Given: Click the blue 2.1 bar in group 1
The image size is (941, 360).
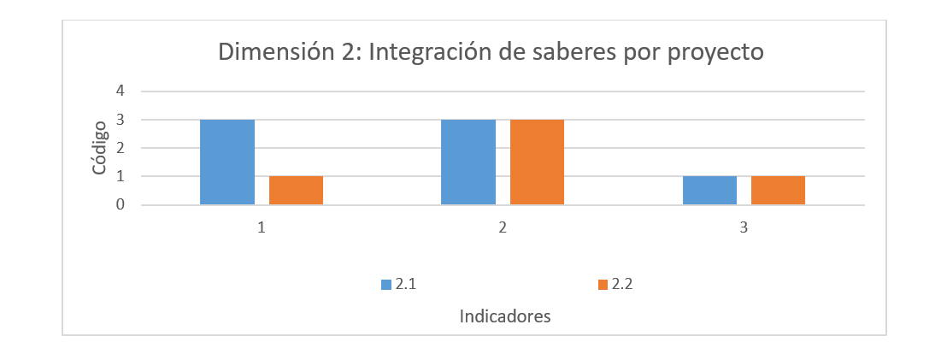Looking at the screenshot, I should [227, 162].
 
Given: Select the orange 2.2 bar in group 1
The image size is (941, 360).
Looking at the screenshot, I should [296, 191].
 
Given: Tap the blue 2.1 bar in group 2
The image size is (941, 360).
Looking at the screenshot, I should [468, 162].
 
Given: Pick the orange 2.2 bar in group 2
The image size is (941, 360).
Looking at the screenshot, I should [537, 162].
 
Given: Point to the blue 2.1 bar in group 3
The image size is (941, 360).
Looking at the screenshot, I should [709, 191].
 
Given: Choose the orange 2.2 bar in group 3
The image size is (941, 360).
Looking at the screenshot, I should [778, 191].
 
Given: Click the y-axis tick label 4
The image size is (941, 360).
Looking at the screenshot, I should [121, 91].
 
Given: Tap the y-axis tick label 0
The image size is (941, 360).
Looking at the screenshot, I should [121, 205].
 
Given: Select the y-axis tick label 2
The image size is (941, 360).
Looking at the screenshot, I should [121, 148].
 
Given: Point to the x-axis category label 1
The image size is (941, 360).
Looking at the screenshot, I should [262, 228].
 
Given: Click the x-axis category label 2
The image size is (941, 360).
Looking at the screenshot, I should [503, 228].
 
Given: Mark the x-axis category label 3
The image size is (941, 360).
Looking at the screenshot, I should [744, 228].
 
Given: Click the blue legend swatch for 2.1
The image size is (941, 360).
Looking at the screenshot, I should [385, 284].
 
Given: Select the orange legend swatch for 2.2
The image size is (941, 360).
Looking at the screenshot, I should [602, 284].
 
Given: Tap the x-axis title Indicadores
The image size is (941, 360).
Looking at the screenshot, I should [504, 316].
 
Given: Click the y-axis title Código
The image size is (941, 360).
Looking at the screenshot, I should [99, 148].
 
